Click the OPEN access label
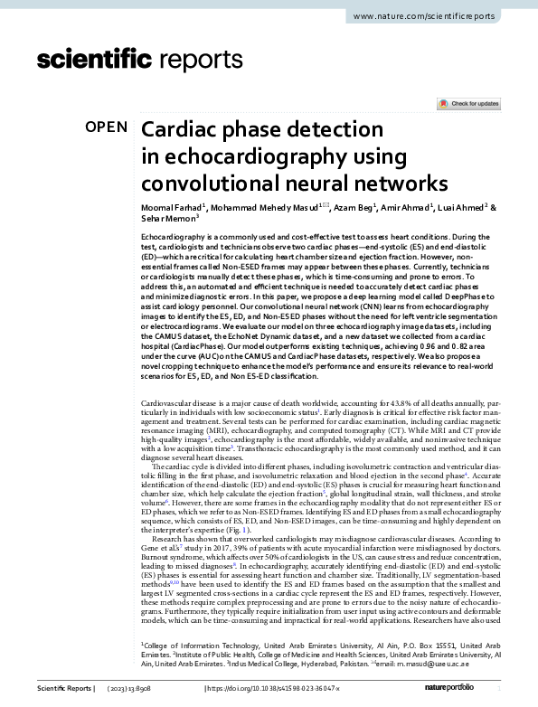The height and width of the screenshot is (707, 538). tap(107, 127)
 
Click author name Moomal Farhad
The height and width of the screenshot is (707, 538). tap(173, 207)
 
